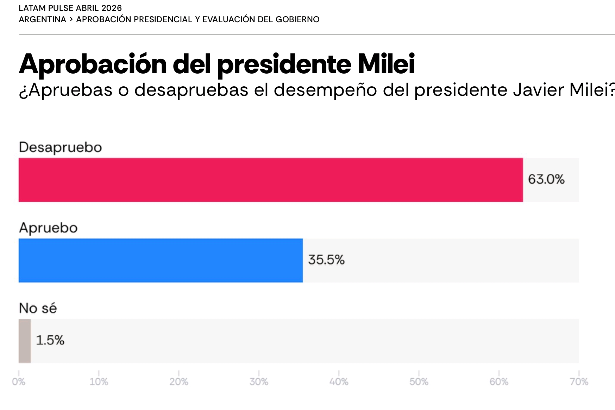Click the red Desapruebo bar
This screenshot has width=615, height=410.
click(x=270, y=180)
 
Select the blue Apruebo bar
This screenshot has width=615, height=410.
click(x=161, y=260)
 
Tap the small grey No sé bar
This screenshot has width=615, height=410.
click(x=25, y=341)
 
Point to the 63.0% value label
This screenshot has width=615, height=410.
click(x=546, y=179)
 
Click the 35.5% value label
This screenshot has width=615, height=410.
click(x=326, y=260)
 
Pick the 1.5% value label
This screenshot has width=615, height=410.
click(x=50, y=340)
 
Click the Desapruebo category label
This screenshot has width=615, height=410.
click(x=60, y=147)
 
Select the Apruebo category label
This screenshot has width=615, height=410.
click(x=48, y=228)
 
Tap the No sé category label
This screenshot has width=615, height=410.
click(x=38, y=308)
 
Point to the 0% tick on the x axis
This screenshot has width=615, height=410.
click(x=19, y=381)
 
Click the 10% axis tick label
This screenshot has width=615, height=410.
click(x=99, y=381)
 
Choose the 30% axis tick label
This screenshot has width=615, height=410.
click(x=259, y=381)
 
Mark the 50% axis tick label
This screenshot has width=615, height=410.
click(x=419, y=381)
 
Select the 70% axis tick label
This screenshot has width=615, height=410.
click(x=579, y=381)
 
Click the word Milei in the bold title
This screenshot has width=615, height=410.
click(x=386, y=64)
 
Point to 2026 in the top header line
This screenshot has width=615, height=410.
click(x=111, y=8)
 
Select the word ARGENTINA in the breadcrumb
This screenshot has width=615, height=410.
click(x=42, y=19)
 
